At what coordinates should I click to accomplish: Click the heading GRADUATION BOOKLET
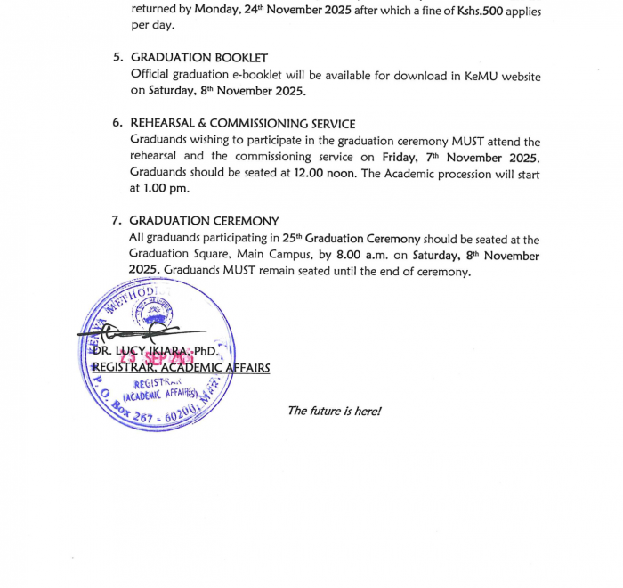[199, 58]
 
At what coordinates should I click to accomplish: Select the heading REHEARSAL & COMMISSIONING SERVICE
[242, 124]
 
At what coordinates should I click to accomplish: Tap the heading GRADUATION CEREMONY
[204, 221]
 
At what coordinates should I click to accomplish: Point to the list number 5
[117, 58]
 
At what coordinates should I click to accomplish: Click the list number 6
[117, 124]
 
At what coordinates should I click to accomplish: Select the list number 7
[117, 221]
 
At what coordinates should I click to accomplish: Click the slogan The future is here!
[334, 411]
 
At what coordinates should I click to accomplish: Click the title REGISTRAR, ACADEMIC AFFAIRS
[182, 368]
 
